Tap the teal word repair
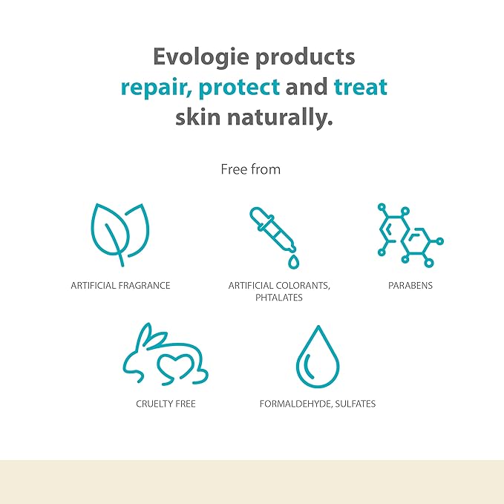163,87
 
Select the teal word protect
240,87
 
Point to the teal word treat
361,87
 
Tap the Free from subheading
251,169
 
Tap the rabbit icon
165,359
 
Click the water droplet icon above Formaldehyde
318,357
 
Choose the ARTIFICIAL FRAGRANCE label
120,286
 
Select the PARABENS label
410,286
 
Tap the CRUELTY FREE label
166,404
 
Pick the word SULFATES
358,404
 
